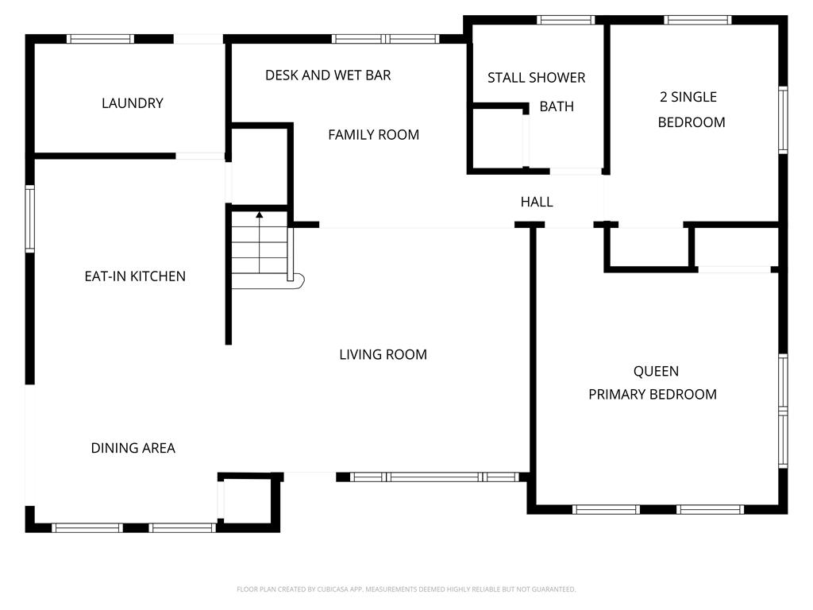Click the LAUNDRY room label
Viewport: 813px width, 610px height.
click(133, 103)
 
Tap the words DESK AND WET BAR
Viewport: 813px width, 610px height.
click(328, 75)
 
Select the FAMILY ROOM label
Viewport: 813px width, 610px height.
click(373, 135)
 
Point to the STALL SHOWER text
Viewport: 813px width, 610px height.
click(536, 78)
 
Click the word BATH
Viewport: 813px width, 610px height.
click(557, 106)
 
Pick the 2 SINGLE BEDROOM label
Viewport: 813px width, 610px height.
click(692, 110)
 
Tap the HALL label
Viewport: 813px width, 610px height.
click(537, 202)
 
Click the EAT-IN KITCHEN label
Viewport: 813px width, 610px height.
click(135, 276)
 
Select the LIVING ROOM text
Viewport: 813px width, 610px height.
click(383, 355)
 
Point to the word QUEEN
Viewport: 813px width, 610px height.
click(656, 372)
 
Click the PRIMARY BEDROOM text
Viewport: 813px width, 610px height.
click(653, 394)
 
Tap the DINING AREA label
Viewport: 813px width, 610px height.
click(133, 448)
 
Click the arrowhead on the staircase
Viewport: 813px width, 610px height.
click(260, 214)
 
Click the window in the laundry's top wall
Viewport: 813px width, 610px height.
click(100, 39)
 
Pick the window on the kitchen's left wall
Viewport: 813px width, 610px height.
click(30, 219)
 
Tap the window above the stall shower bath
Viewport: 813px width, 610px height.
click(565, 20)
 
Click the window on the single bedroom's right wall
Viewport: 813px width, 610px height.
click(783, 121)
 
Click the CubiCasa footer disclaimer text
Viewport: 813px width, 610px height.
click(406, 589)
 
